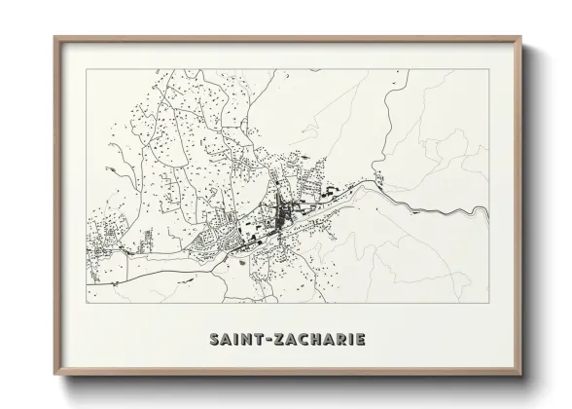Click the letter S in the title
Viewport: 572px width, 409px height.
coord(215,341)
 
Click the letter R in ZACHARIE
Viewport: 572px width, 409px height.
coord(338,341)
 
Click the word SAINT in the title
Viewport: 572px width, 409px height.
coord(235,341)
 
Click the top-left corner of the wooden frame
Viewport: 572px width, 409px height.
coord(54,38)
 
